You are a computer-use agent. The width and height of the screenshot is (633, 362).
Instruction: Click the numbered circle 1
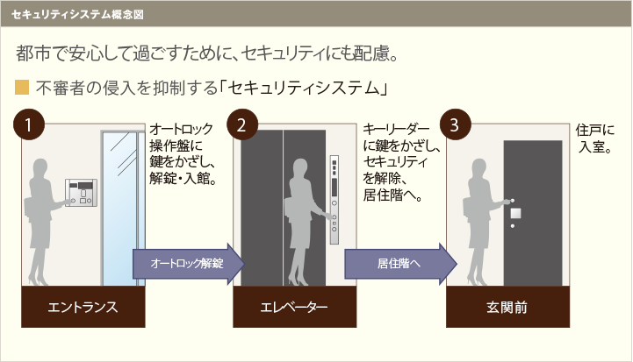point(29,124)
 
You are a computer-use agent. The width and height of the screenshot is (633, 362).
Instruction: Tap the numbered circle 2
point(242,124)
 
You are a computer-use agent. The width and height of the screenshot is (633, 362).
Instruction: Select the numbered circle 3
point(456,124)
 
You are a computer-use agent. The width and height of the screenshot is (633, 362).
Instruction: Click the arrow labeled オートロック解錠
point(189,264)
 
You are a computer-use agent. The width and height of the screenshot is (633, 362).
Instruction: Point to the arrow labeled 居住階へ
point(400,264)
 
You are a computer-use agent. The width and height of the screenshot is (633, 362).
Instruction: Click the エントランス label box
point(83,307)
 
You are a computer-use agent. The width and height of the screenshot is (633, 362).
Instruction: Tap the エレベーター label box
point(295,307)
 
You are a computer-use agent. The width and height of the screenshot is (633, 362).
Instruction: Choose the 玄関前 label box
point(507,307)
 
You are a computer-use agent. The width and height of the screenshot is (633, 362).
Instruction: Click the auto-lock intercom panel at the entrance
point(81,193)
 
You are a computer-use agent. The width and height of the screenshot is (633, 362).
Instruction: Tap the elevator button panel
point(334,200)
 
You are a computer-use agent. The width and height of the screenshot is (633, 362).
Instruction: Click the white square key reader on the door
point(515,213)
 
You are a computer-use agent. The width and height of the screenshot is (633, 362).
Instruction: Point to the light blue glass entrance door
point(120,209)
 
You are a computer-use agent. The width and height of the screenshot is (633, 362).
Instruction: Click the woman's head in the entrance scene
point(40,168)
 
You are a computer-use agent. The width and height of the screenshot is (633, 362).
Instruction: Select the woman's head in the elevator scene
point(300,168)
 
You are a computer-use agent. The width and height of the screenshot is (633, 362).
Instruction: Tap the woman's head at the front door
point(479,168)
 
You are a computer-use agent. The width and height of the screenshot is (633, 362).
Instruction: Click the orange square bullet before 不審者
point(22,88)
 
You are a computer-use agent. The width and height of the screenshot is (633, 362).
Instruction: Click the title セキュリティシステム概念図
point(77,15)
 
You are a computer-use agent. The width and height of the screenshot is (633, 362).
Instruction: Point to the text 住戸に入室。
point(594,138)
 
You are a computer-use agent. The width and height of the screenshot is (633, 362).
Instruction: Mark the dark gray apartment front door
point(533,213)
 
